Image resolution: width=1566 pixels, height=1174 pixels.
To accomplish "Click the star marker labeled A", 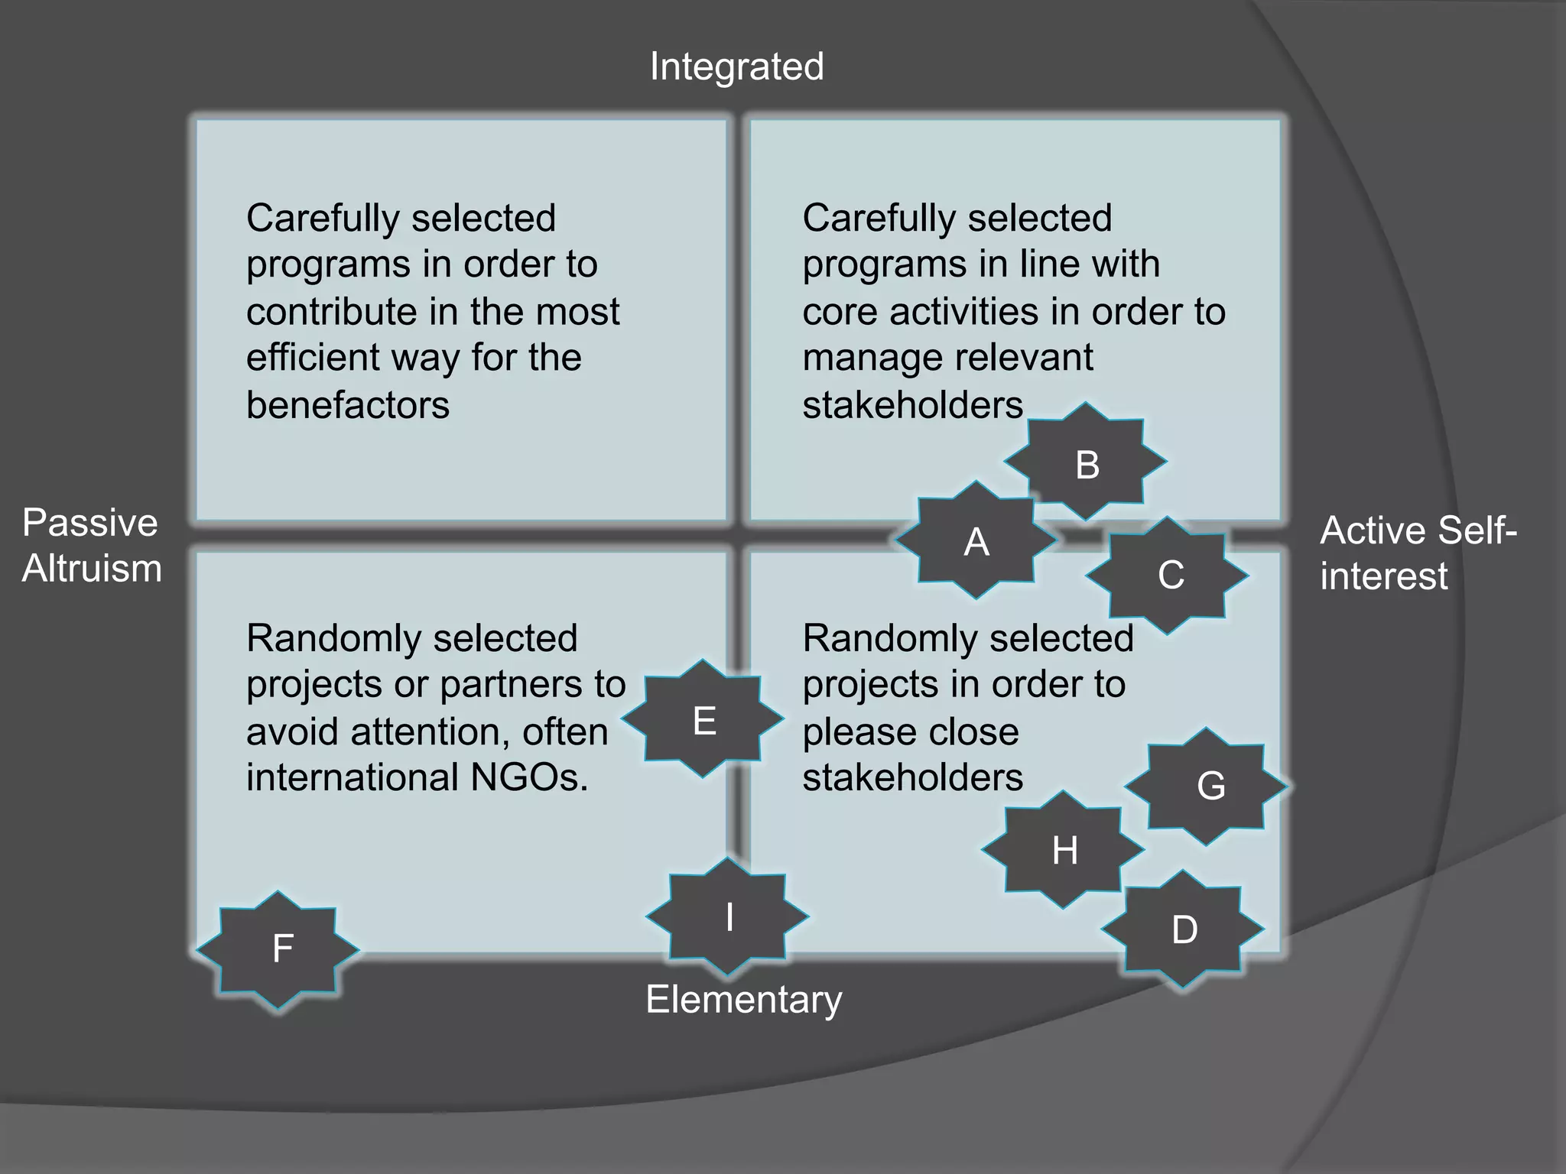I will click(976, 540).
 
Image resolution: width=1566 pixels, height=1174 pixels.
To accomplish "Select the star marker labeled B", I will click(1087, 462).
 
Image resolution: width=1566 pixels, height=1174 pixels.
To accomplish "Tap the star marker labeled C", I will click(1168, 575).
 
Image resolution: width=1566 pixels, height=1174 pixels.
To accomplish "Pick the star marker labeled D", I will click(1183, 929).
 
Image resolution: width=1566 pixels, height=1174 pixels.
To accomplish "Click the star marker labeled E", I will click(703, 719).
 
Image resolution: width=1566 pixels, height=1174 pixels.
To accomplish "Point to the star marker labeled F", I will click(279, 949).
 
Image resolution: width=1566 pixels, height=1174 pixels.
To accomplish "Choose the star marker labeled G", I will click(1207, 786).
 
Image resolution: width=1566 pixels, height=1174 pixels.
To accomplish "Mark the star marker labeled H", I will click(1064, 849).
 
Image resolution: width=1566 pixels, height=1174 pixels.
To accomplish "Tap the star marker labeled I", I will click(728, 916).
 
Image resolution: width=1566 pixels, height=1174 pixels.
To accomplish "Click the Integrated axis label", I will click(736, 66).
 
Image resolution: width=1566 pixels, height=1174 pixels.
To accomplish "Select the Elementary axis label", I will click(743, 999).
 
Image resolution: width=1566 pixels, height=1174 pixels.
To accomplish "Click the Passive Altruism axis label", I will click(91, 546).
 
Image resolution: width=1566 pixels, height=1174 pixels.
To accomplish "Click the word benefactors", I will click(348, 404).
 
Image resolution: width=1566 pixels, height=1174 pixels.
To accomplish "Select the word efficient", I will click(312, 357).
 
